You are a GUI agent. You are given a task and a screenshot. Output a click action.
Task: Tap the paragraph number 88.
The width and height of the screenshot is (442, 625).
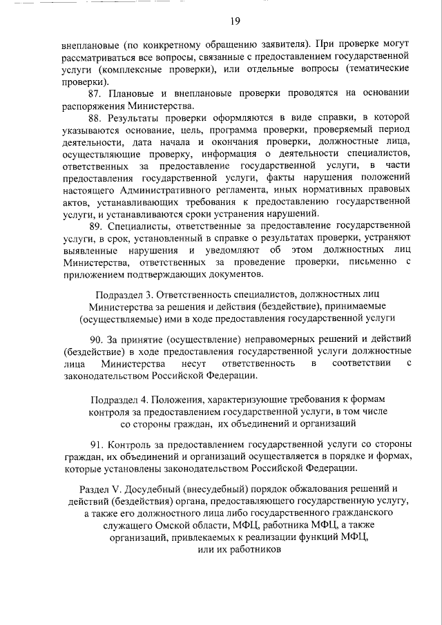point(97,117)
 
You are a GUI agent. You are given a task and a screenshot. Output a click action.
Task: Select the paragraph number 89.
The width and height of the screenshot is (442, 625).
point(97,226)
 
